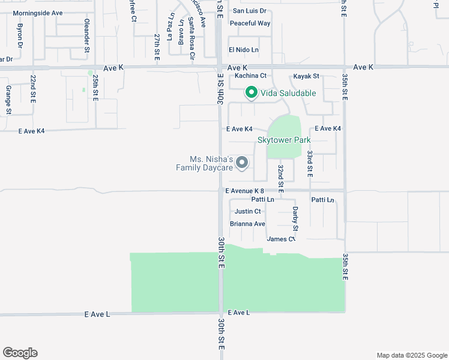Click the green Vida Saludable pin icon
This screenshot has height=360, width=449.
251,92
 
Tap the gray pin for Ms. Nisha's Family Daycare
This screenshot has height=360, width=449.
242,163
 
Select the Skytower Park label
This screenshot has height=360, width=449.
284,140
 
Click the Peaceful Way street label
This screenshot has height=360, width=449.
250,23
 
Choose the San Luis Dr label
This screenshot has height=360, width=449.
249,11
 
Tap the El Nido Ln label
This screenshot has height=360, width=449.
243,50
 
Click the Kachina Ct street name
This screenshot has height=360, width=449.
250,76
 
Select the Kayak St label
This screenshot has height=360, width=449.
306,76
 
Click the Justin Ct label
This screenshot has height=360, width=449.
248,211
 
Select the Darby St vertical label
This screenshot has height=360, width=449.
295,218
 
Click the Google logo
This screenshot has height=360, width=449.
20,353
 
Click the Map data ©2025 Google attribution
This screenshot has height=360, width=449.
411,355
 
